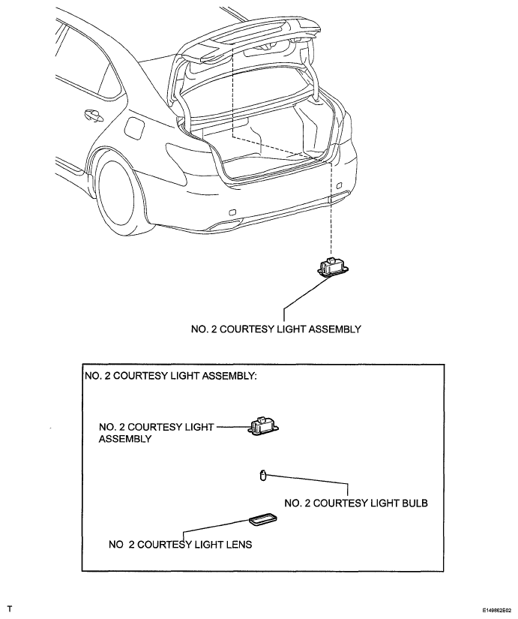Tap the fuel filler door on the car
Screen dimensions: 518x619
[133, 126]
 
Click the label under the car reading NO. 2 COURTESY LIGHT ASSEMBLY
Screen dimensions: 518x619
[276, 329]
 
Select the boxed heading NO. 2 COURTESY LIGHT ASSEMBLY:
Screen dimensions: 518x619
[170, 375]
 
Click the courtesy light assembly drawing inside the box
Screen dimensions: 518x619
[264, 427]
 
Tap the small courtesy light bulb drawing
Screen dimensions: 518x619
[262, 475]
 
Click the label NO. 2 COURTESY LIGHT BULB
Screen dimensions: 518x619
[356, 503]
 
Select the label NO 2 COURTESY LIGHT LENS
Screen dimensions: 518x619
[181, 545]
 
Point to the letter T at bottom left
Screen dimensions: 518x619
[10, 608]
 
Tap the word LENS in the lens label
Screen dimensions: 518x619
[239, 545]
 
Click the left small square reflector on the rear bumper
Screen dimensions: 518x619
[233, 212]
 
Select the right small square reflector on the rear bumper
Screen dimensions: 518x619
[339, 185]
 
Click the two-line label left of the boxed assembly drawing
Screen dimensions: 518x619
[156, 433]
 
